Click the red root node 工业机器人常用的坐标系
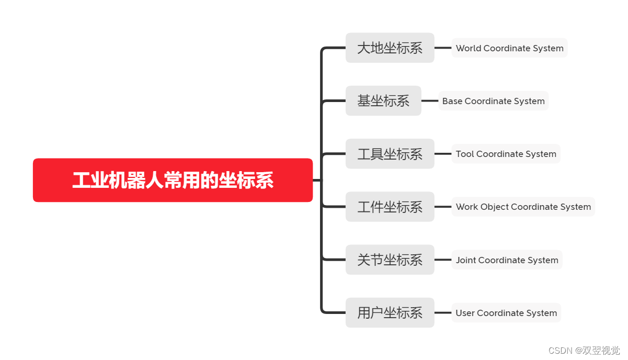[173, 180]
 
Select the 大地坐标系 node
[390, 48]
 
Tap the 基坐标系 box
[383, 101]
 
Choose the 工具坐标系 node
[390, 154]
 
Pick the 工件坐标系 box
[390, 207]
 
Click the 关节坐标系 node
[390, 260]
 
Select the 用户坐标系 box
[390, 313]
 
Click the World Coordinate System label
[509, 48]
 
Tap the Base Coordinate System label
[493, 101]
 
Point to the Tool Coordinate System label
[506, 154]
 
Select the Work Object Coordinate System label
[523, 207]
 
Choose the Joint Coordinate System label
[507, 260]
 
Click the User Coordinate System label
[506, 313]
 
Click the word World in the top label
[469, 48]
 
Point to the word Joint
[465, 260]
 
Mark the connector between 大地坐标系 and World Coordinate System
[443, 48]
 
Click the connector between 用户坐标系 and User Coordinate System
[443, 313]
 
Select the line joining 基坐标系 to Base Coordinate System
[430, 101]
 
